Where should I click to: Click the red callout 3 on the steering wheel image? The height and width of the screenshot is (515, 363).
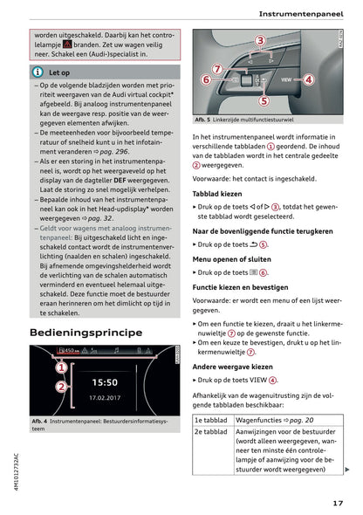(260, 42)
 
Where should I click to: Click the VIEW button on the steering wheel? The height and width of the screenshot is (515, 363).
(285, 79)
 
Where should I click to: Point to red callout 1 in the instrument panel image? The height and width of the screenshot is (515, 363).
(62, 367)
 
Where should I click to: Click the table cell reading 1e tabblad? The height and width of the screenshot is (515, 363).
(209, 421)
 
